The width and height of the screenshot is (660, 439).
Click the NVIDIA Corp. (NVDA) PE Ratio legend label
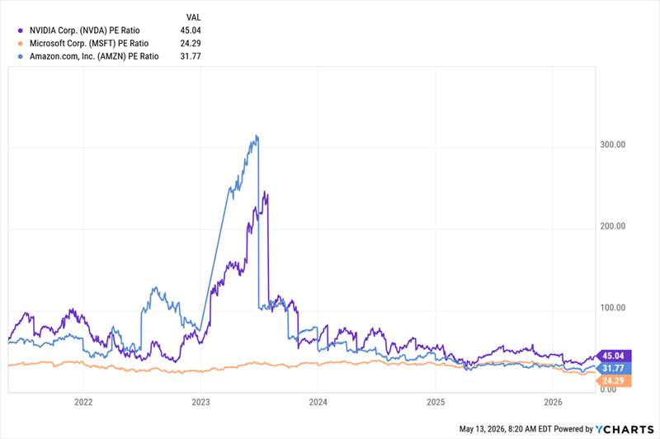pyautogui.click(x=85, y=31)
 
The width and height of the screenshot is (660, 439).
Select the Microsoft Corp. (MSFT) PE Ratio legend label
pyautogui.click(x=89, y=44)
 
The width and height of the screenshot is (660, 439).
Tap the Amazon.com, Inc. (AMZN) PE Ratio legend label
pyautogui.click(x=94, y=56)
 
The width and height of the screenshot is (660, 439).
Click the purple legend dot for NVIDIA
pyautogui.click(x=20, y=31)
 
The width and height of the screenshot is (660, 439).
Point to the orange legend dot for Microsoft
pyautogui.click(x=20, y=44)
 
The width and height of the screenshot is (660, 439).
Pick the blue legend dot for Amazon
pyautogui.click(x=20, y=56)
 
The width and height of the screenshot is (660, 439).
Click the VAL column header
pyautogui.click(x=194, y=17)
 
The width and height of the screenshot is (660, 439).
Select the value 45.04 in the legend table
pyautogui.click(x=191, y=31)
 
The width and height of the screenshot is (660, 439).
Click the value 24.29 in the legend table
pyautogui.click(x=191, y=44)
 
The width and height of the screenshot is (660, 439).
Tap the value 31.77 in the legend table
pyautogui.click(x=191, y=56)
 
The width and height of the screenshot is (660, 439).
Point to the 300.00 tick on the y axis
pyautogui.click(x=613, y=144)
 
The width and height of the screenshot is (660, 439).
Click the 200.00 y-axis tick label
pyautogui.click(x=613, y=226)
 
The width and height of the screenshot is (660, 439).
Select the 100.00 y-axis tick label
pyautogui.click(x=613, y=308)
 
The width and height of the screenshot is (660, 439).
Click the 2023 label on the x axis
pyautogui.click(x=200, y=403)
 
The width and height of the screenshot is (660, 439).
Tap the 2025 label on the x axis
pyautogui.click(x=436, y=403)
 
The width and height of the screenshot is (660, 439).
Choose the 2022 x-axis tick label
pyautogui.click(x=83, y=403)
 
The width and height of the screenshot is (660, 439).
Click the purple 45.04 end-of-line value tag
pyautogui.click(x=613, y=356)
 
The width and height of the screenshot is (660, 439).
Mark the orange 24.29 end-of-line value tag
pyautogui.click(x=613, y=381)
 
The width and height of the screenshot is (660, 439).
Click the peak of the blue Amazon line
pyautogui.click(x=257, y=135)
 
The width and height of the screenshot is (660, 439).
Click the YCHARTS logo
pyautogui.click(x=625, y=429)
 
